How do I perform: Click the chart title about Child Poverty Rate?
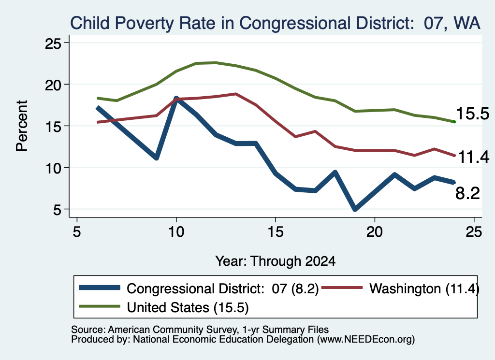tap(275, 23)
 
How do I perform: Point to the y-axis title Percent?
tap(22, 126)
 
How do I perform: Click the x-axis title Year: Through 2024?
tap(275, 261)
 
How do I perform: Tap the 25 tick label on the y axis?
tap(53, 43)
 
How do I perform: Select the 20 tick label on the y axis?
tap(53, 85)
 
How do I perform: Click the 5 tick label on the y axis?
tap(57, 210)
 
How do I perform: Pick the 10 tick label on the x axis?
tap(176, 232)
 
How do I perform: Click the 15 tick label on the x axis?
tap(275, 232)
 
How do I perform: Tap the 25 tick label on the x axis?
tap(474, 232)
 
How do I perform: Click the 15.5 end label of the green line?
tap(473, 114)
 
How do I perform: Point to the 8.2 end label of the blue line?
tap(467, 193)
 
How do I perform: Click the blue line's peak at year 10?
tap(176, 99)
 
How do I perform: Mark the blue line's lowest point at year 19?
tap(355, 209)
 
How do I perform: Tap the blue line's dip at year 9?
tap(156, 158)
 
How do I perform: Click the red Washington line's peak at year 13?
tap(235, 94)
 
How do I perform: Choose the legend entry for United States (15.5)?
tap(164, 307)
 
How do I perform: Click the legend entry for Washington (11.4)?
tap(400, 288)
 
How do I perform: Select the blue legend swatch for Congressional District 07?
tap(100, 288)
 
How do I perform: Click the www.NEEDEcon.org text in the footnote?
tap(366, 340)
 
